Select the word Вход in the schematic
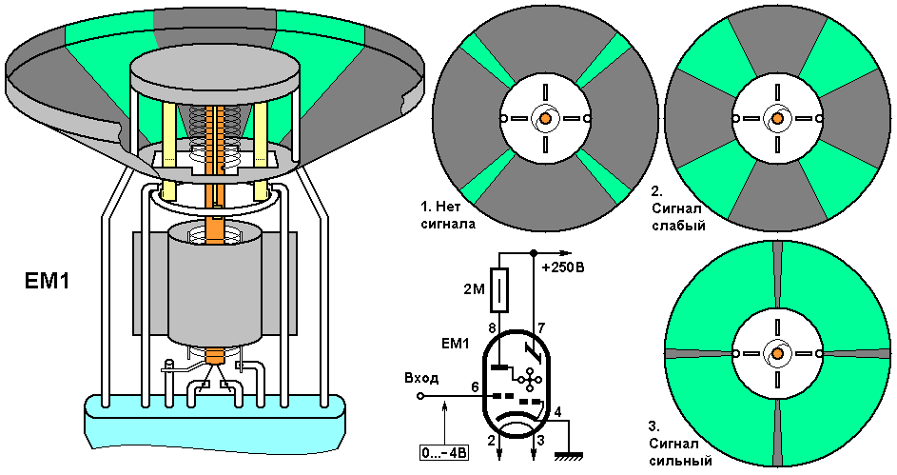423,378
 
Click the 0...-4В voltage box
444,451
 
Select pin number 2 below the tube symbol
492,441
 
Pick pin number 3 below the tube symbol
539,441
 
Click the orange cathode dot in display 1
545,118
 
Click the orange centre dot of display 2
776,118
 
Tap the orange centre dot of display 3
776,353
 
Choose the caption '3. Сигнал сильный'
681,444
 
